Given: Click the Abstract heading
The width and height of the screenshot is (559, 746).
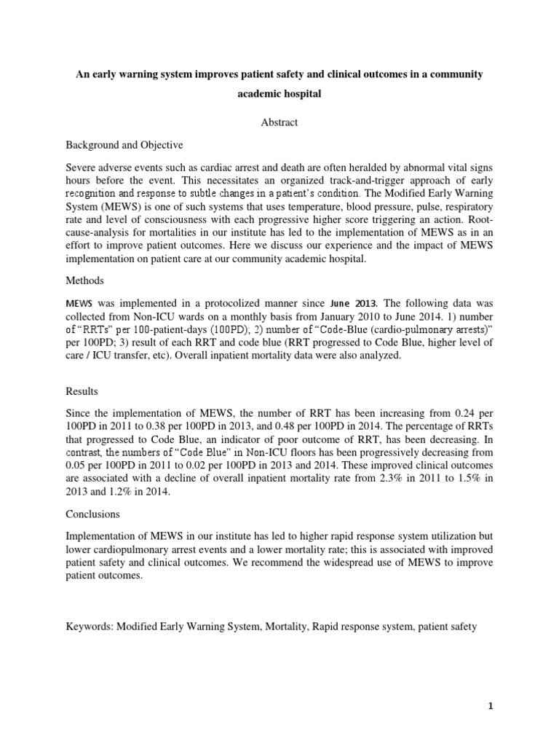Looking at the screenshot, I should pos(279,122).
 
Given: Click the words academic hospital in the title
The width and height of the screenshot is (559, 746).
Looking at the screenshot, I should pos(279,95).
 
